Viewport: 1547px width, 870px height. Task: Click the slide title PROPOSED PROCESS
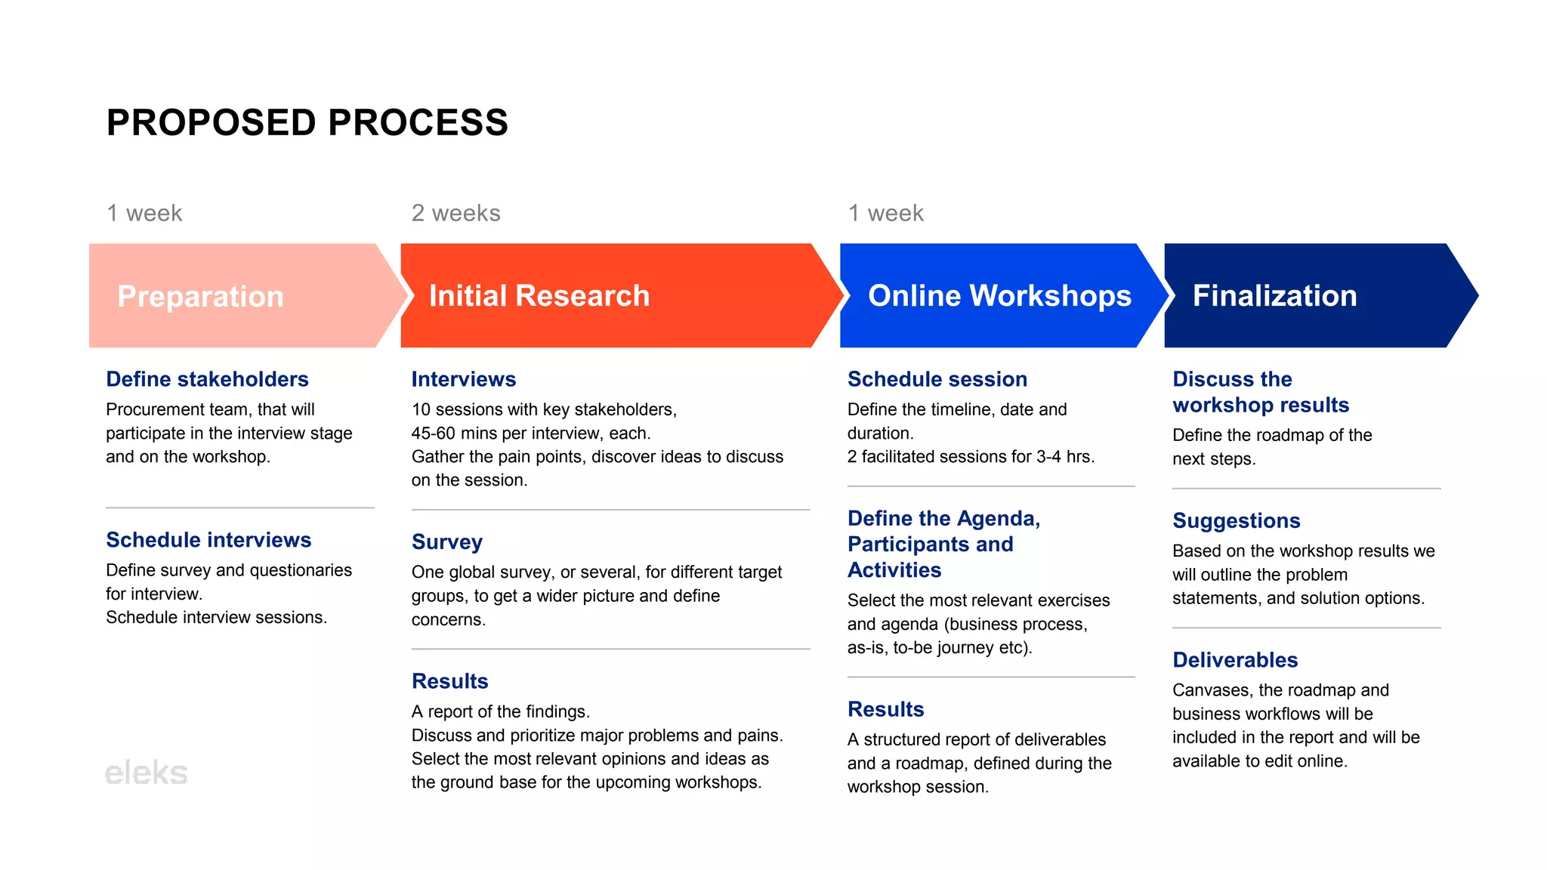(307, 122)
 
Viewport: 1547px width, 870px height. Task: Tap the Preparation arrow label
(200, 296)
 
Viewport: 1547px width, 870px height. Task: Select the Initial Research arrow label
(539, 295)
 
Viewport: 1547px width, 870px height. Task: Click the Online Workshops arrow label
(999, 295)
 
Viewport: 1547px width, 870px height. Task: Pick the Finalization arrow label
(1274, 295)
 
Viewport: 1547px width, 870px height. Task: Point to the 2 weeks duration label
(455, 213)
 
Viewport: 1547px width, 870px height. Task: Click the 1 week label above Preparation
(144, 213)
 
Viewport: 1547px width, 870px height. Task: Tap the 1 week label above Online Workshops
(885, 213)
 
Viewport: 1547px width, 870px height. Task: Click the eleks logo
(146, 773)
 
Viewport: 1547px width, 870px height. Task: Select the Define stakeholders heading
(207, 379)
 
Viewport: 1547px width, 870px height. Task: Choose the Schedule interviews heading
(208, 540)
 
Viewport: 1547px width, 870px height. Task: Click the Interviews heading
(463, 379)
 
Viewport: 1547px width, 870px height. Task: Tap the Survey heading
(446, 542)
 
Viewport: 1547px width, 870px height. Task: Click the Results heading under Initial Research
(449, 681)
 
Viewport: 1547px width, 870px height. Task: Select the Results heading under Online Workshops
(885, 709)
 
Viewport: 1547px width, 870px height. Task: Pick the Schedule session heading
(937, 379)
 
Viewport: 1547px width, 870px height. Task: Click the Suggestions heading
(1236, 520)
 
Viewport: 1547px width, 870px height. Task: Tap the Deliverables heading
(1234, 660)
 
